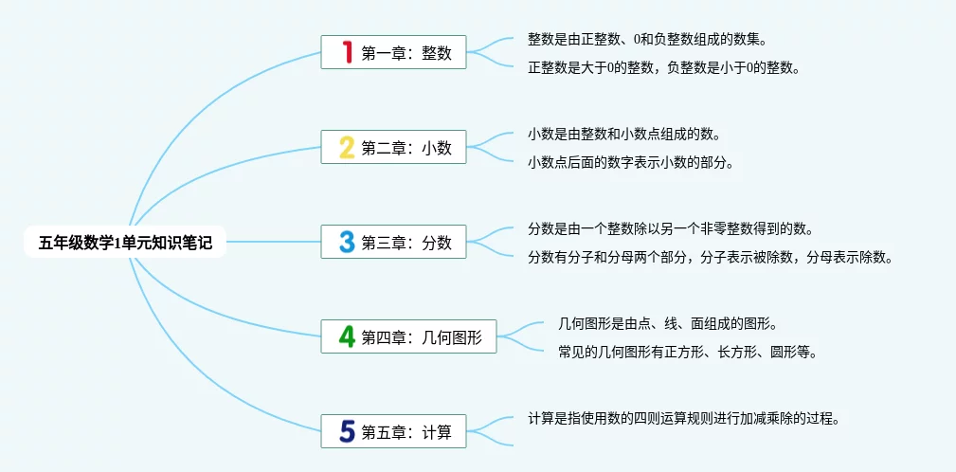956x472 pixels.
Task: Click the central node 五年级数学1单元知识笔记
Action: pyautogui.click(x=125, y=243)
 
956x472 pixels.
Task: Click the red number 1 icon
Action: pyautogui.click(x=347, y=52)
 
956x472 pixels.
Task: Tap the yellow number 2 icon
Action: pyautogui.click(x=347, y=147)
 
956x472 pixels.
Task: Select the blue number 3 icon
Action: pyautogui.click(x=347, y=242)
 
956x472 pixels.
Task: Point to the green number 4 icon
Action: pyautogui.click(x=347, y=336)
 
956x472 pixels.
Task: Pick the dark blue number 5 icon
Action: pyautogui.click(x=347, y=432)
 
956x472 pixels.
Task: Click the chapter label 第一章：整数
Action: pyautogui.click(x=406, y=53)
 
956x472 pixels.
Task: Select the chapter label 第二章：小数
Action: pyautogui.click(x=406, y=148)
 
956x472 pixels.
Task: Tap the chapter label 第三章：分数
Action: pyautogui.click(x=406, y=243)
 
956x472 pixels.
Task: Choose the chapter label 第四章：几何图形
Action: pyautogui.click(x=422, y=337)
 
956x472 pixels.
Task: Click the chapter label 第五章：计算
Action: pyautogui.click(x=406, y=433)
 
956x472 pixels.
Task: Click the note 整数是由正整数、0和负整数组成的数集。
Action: pyautogui.click(x=647, y=40)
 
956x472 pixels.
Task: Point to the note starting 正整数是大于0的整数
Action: pyautogui.click(x=664, y=67)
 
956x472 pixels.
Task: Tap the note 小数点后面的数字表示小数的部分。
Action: pyautogui.click(x=630, y=162)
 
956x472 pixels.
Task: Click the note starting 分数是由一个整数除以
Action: pyautogui.click(x=670, y=229)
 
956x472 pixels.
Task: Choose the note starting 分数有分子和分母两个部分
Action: pyautogui.click(x=710, y=257)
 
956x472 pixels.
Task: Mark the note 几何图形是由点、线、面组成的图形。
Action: pyautogui.click(x=668, y=324)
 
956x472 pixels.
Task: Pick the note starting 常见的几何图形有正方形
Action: pyautogui.click(x=688, y=352)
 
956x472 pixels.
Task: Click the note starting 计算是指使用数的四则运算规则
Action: pyautogui.click(x=684, y=418)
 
